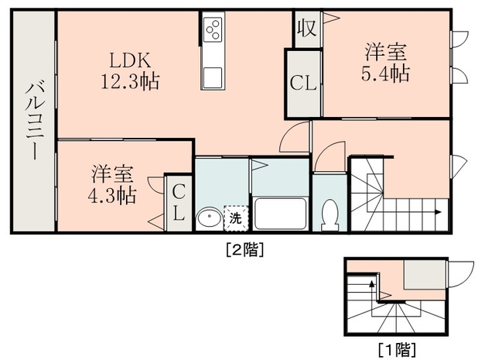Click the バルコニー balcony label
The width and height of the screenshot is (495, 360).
[x=32, y=120]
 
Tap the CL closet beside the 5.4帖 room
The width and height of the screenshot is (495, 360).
[x=303, y=83]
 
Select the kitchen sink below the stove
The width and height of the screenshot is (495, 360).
[x=213, y=78]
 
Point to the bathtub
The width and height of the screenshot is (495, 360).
[x=281, y=214]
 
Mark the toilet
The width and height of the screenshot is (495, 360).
[x=330, y=214]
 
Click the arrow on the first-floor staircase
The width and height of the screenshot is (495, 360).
[x=374, y=286]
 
